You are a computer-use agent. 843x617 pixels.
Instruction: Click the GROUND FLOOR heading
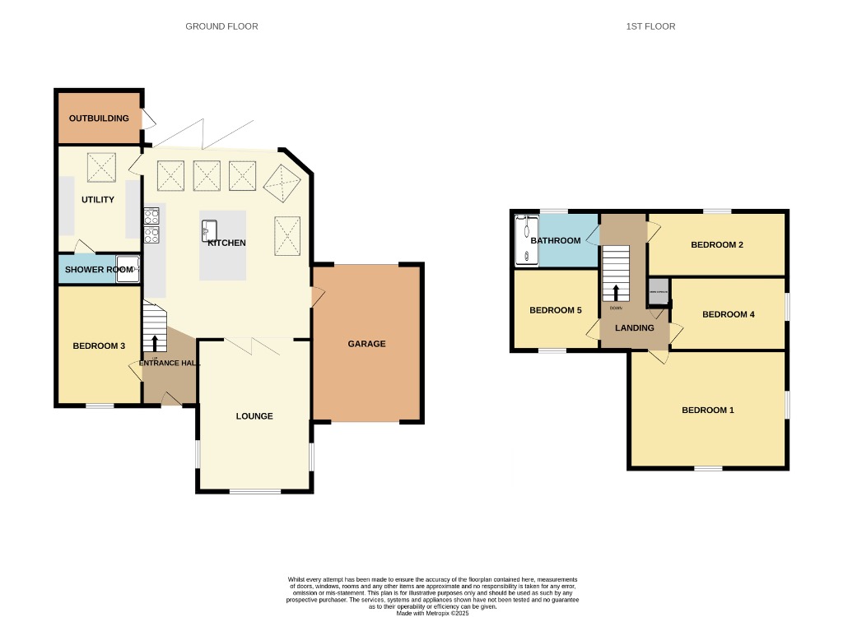click(x=221, y=26)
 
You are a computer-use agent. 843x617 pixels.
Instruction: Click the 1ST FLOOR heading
click(x=650, y=26)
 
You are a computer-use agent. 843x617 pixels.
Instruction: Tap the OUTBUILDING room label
click(x=99, y=118)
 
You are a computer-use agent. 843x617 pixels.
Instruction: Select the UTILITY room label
click(x=97, y=200)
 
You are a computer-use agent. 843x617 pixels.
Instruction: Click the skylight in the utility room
click(x=103, y=169)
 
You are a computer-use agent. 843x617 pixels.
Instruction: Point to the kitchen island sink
click(x=208, y=231)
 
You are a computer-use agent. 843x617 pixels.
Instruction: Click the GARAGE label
click(x=366, y=344)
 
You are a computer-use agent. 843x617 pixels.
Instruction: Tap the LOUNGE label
click(x=254, y=416)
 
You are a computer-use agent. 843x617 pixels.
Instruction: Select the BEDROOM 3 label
click(x=99, y=346)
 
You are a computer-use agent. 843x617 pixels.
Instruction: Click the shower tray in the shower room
click(x=127, y=269)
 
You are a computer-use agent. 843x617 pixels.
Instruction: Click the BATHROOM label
click(x=556, y=241)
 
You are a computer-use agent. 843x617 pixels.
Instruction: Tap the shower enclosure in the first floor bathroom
click(x=525, y=239)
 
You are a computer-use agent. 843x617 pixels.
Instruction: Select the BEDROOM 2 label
click(x=717, y=245)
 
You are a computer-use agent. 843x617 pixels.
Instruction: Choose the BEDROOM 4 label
click(x=729, y=314)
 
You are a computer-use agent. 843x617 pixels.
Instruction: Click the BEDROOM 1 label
click(x=707, y=411)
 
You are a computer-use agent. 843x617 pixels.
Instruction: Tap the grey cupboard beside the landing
click(x=658, y=289)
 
